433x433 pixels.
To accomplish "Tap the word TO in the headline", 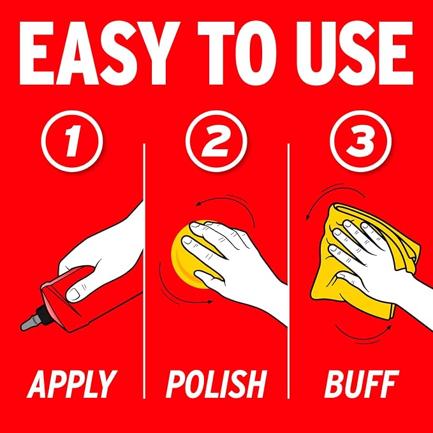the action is click(x=237, y=53).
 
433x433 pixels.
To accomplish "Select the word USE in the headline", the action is click(x=355, y=53).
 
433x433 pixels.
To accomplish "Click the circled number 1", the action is click(x=72, y=141).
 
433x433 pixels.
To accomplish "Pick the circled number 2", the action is click(x=216, y=141).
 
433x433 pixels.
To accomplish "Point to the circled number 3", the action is click(x=361, y=141).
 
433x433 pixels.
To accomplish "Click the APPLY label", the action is click(x=72, y=384).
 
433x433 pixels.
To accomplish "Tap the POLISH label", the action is click(x=216, y=384).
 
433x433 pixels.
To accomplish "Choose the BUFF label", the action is click(x=362, y=384).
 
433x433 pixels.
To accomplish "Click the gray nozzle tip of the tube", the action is click(x=29, y=323).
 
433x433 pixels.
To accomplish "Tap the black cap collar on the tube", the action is click(x=43, y=314).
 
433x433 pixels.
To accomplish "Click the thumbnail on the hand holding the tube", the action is click(x=73, y=294).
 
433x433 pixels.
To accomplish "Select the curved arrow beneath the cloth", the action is click(x=362, y=337).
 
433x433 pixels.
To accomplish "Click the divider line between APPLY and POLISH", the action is click(x=144, y=270).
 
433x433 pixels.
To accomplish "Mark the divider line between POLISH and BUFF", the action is click(x=288, y=270).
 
